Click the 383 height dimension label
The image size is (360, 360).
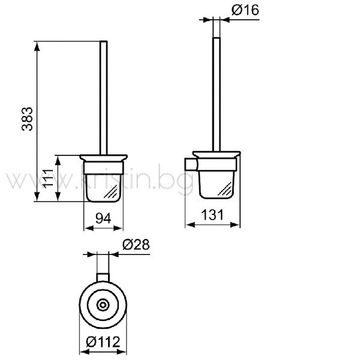[x=28, y=119]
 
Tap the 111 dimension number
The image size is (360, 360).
[x=48, y=179]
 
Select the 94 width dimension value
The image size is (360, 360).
[x=103, y=218]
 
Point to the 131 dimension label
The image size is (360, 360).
[x=212, y=215]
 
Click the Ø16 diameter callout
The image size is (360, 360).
[x=245, y=10]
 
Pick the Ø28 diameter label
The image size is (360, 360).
[x=136, y=245]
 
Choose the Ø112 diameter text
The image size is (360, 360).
[x=103, y=342]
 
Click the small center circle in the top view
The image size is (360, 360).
[x=103, y=305]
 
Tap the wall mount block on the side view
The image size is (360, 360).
[x=190, y=164]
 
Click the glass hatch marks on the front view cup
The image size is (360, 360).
[x=111, y=192]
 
